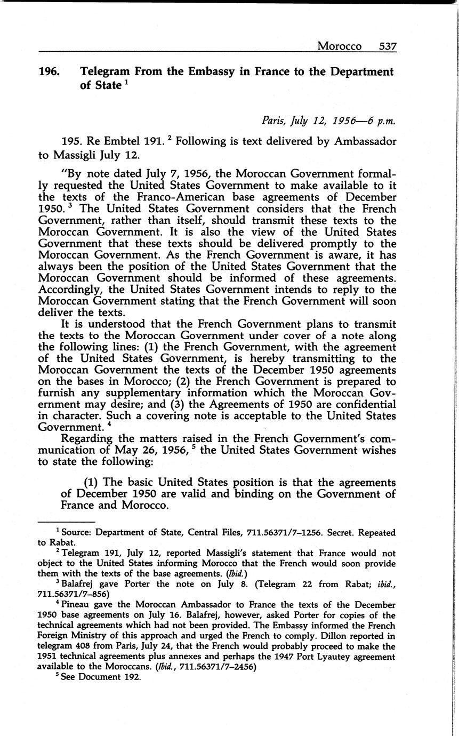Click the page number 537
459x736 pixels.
388,46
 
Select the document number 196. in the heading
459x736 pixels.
52,72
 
